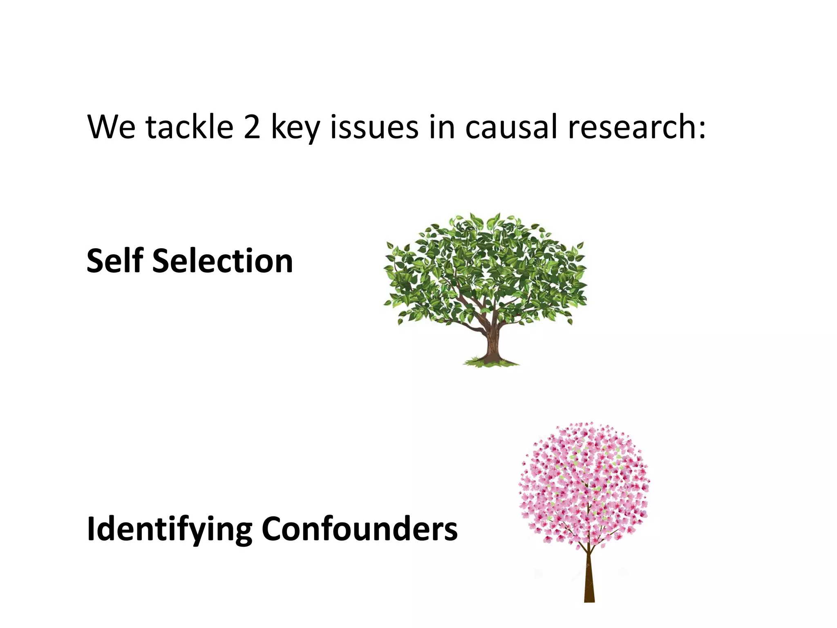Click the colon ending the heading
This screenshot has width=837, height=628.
tap(702, 130)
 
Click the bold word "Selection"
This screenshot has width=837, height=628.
tap(223, 260)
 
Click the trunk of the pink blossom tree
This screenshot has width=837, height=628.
tap(589, 581)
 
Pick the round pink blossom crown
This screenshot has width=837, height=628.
tap(584, 482)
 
